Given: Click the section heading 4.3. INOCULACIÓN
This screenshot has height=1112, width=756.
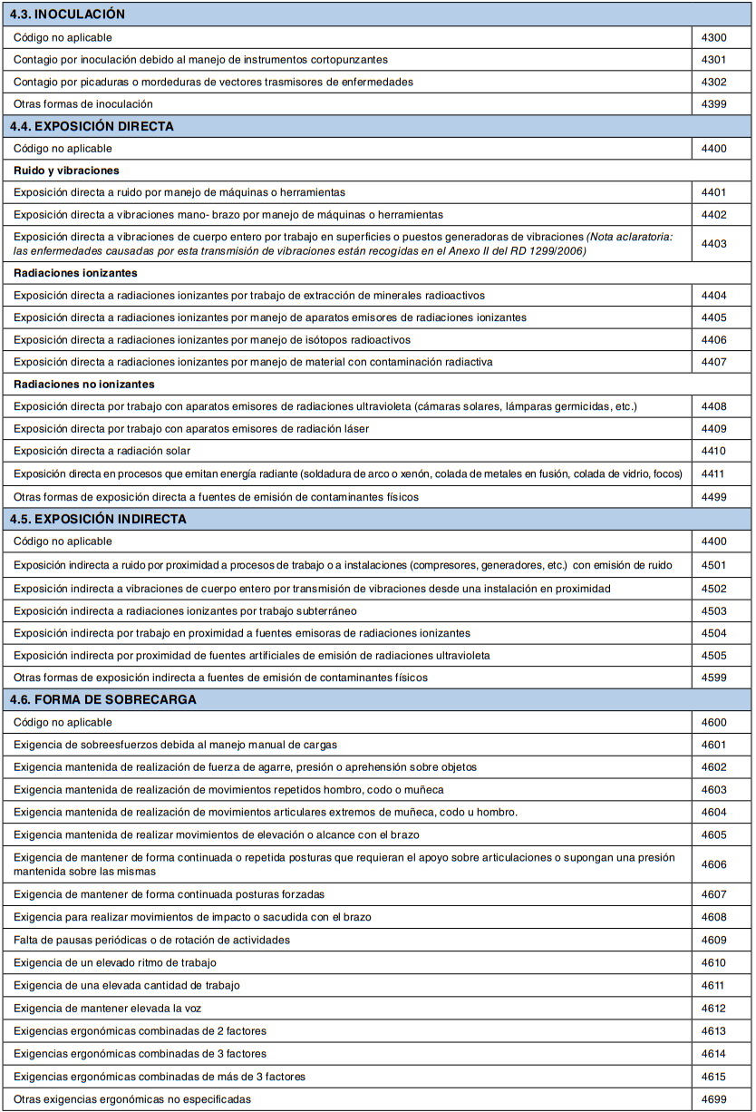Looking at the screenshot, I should click(67, 15).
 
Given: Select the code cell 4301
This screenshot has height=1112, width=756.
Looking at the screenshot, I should click(714, 60).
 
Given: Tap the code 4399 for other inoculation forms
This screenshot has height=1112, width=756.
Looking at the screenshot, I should click(714, 104).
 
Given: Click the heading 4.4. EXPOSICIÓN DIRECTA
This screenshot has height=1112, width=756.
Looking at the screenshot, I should click(92, 126).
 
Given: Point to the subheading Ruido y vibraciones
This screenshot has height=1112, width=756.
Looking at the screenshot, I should click(66, 171).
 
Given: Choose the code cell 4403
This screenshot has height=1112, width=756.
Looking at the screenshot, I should click(714, 243).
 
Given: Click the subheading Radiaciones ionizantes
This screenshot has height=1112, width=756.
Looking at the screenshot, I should click(75, 273).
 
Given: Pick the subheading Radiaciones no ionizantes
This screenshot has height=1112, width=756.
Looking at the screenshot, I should click(84, 385).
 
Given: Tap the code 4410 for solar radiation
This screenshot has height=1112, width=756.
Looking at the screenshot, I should click(714, 451).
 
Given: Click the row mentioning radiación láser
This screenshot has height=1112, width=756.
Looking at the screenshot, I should click(191, 429).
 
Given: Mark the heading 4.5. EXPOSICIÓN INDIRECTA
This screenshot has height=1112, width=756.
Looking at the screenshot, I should click(98, 519).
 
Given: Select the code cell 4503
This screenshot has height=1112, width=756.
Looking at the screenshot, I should click(714, 610).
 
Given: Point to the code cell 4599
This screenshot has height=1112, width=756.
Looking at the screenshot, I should click(714, 678).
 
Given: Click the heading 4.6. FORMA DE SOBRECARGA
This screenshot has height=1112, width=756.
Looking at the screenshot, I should click(102, 699).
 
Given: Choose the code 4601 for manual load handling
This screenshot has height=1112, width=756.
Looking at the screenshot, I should click(714, 745).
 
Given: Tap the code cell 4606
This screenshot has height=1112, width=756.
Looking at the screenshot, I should click(714, 864).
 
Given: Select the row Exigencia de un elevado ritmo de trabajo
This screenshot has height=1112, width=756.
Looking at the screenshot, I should click(115, 962).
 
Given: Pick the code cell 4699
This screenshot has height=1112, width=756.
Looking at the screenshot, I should click(714, 1099).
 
